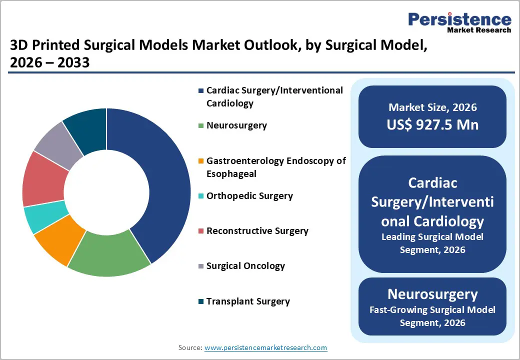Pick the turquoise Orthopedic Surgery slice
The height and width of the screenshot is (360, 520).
tap(45, 217)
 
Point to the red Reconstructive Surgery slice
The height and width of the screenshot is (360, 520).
tap(43, 179)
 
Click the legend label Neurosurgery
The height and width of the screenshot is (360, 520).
tap(236, 125)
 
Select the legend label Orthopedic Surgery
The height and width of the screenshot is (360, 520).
tap(249, 196)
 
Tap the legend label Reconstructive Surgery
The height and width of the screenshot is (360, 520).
tap(257, 231)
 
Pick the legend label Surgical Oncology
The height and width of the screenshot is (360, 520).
tap(245, 266)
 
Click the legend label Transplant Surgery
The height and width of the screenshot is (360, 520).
tap(248, 301)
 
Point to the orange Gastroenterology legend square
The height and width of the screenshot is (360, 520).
tap(201, 161)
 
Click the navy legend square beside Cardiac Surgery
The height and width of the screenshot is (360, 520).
tap(201, 90)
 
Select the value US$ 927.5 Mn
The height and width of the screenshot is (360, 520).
tap(432, 125)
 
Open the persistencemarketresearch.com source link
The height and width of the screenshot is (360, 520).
tap(265, 347)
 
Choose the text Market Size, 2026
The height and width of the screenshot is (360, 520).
tap(432, 107)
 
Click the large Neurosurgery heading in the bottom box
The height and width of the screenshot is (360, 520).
tap(432, 294)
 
